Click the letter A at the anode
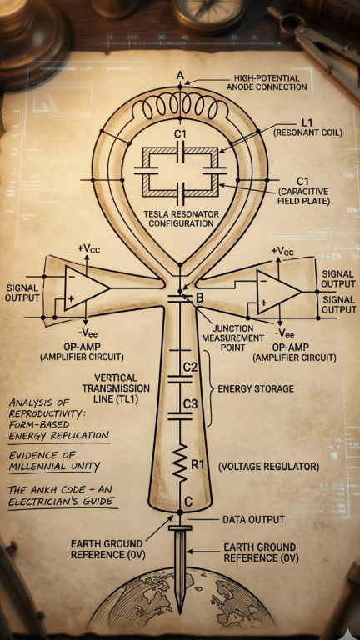tap(180, 75)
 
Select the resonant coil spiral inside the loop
tap(180, 107)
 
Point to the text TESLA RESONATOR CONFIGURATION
tap(181, 219)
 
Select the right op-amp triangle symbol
tap(279, 292)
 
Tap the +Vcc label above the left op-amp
tap(87, 247)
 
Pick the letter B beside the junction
tap(200, 298)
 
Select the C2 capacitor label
tap(191, 367)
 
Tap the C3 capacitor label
tap(191, 404)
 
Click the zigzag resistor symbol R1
tap(180, 464)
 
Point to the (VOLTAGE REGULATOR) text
tap(269, 467)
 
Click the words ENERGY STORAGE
tap(256, 388)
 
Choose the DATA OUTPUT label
tap(253, 520)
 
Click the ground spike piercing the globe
tap(180, 571)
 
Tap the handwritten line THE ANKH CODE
tap(61, 489)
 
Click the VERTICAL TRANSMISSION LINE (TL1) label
tap(116, 388)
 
